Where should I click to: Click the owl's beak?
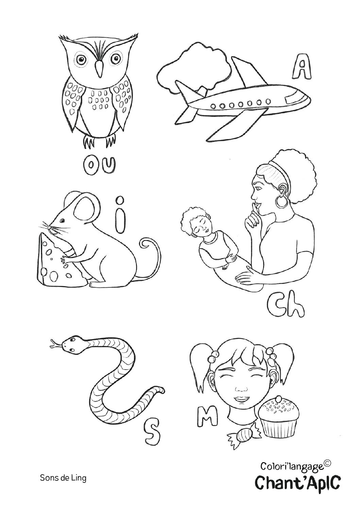tap(99, 69)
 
